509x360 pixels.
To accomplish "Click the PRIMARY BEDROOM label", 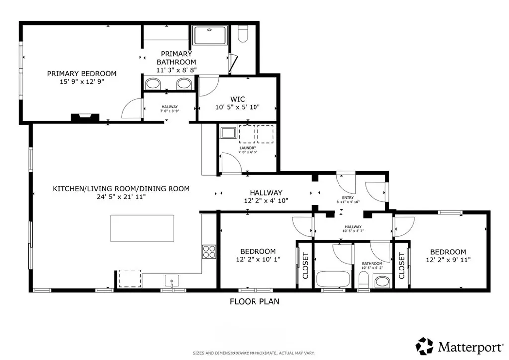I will (82, 73).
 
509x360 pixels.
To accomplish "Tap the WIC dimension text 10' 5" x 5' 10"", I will (238, 107).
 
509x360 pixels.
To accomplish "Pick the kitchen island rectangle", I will (142, 228).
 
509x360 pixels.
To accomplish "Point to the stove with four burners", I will (208, 251).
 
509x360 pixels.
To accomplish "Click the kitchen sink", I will (172, 281).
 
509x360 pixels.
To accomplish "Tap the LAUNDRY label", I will (247, 148).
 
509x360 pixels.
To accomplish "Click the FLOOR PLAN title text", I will (254, 301).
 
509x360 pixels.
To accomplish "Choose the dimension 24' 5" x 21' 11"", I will (121, 197).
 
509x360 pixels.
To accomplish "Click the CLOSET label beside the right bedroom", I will (401, 265).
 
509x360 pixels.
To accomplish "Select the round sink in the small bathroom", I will (382, 282).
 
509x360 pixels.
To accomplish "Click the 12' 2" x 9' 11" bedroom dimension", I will (448, 259).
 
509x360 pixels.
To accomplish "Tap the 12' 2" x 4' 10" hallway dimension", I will (265, 200).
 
